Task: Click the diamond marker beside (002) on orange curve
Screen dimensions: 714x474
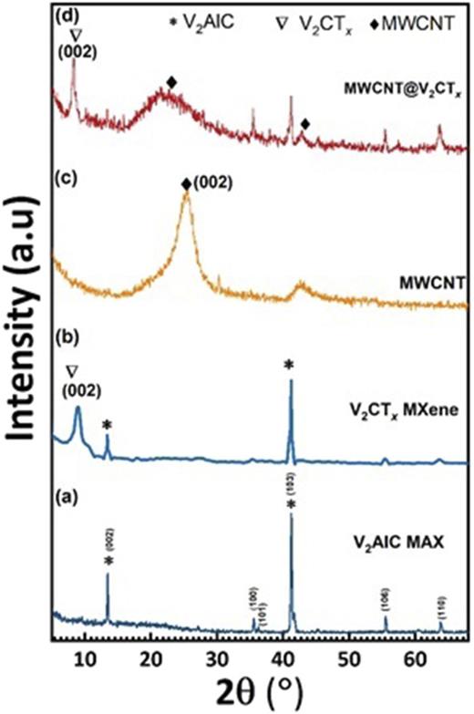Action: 187,184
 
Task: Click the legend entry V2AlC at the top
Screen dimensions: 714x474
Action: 202,16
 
